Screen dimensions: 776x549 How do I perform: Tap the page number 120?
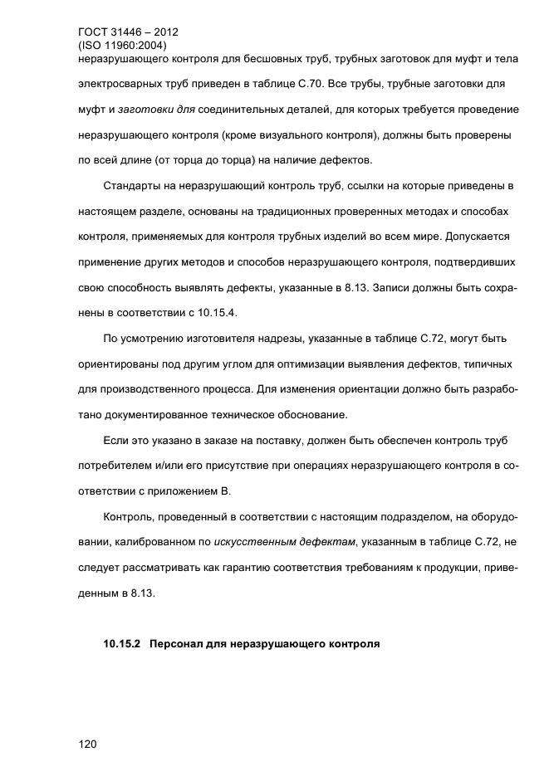[x=87, y=744]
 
